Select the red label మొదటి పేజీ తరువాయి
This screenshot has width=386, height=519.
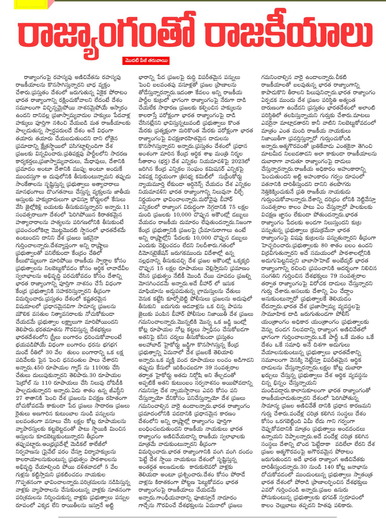(x=146, y=61)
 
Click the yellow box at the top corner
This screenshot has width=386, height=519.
(x=31, y=4)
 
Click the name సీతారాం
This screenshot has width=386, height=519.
(x=148, y=161)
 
